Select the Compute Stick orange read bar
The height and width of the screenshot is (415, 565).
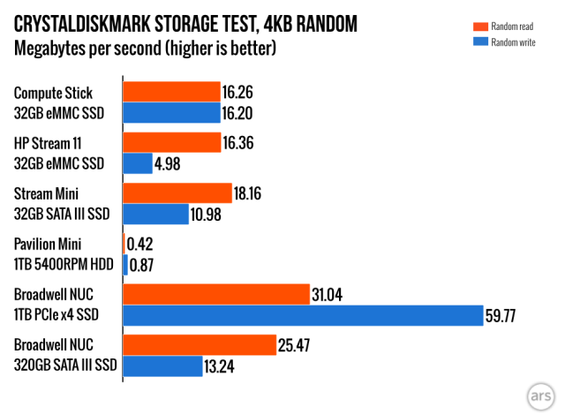click(171, 92)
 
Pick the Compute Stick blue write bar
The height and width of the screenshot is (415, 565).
click(171, 112)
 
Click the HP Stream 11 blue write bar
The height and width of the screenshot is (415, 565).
click(139, 163)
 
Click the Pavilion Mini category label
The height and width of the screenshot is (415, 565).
click(52, 244)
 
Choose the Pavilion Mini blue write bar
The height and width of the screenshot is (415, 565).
click(125, 264)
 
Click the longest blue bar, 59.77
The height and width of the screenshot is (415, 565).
click(303, 315)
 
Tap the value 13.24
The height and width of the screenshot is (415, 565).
click(225, 366)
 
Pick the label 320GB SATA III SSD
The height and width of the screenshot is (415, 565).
click(66, 366)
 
